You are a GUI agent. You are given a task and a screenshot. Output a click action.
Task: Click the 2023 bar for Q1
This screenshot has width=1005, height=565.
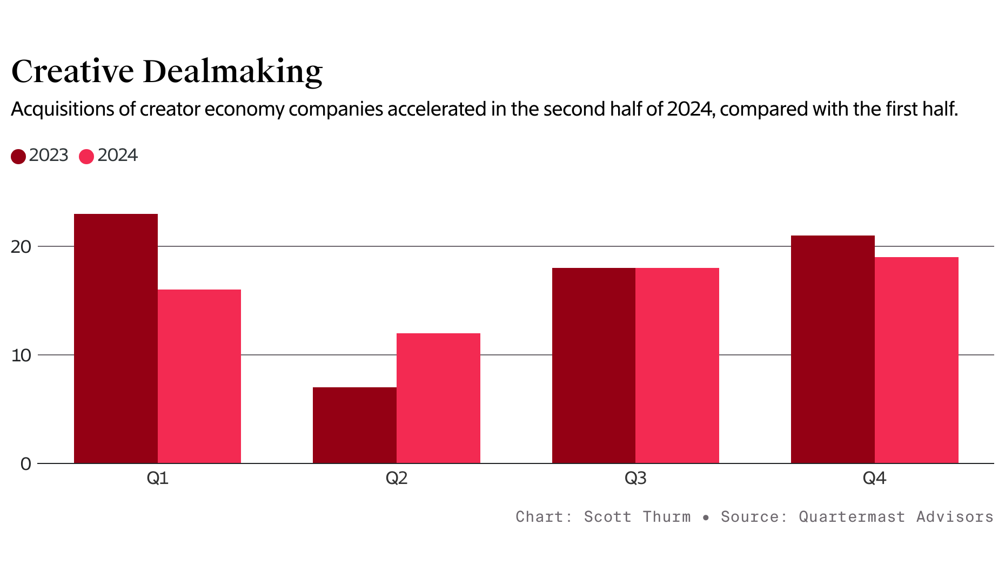(x=116, y=338)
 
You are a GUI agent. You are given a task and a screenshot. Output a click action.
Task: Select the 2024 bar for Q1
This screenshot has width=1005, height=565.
(x=199, y=376)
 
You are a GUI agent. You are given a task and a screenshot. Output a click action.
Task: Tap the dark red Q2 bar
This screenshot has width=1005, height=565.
(x=354, y=425)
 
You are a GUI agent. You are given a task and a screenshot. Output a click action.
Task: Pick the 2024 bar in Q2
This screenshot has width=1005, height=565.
(x=438, y=398)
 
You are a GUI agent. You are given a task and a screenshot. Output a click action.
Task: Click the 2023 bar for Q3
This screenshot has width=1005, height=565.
(x=594, y=365)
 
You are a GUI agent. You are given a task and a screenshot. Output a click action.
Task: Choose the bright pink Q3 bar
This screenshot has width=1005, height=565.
(x=677, y=365)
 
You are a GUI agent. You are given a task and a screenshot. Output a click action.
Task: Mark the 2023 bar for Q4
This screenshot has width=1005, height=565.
(x=833, y=349)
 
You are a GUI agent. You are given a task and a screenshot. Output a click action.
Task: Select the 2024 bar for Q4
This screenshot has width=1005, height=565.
(x=916, y=360)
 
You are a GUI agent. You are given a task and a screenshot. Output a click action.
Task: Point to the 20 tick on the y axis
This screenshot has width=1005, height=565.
(x=21, y=247)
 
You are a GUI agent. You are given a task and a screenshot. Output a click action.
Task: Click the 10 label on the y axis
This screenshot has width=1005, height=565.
(x=21, y=355)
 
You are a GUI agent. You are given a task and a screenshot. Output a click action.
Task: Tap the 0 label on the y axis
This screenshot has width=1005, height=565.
(x=25, y=464)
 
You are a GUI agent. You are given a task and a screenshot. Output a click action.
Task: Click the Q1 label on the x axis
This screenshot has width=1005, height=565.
(x=157, y=478)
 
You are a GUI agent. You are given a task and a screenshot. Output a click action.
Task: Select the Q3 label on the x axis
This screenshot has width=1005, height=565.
(x=635, y=478)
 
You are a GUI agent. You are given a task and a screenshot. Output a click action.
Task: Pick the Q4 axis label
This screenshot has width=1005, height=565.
(x=874, y=478)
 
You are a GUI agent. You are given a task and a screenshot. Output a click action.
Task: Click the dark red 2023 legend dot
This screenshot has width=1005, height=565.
(x=18, y=157)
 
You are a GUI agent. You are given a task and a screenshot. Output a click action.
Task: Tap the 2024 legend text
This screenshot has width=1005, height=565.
(x=117, y=156)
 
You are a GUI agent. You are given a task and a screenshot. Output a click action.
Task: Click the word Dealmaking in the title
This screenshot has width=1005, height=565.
(x=232, y=71)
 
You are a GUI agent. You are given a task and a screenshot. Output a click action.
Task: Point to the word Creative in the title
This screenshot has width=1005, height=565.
(x=72, y=71)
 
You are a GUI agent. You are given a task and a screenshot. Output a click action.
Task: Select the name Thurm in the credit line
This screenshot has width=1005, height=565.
(x=666, y=517)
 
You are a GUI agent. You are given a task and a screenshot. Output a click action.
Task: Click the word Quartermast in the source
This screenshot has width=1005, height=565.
(x=852, y=517)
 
